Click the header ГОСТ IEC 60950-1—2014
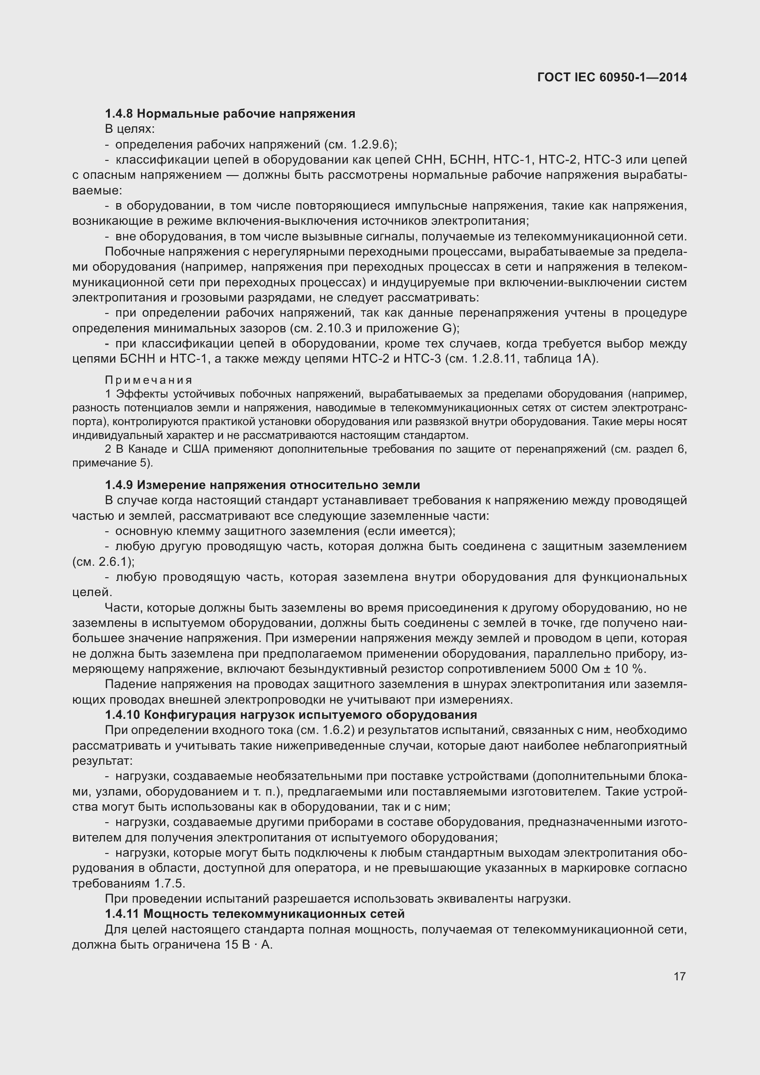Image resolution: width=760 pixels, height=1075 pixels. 612,77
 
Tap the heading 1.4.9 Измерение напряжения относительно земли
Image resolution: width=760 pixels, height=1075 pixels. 262,485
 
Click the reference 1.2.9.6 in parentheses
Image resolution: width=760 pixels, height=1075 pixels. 374,145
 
